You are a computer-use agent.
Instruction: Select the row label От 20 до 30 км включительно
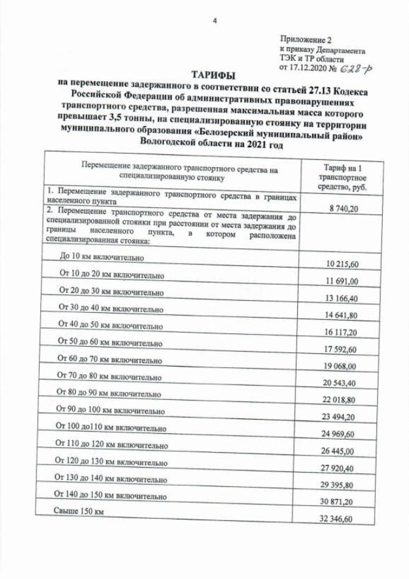pos(111,291)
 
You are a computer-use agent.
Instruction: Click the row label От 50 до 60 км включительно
pos(110,342)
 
